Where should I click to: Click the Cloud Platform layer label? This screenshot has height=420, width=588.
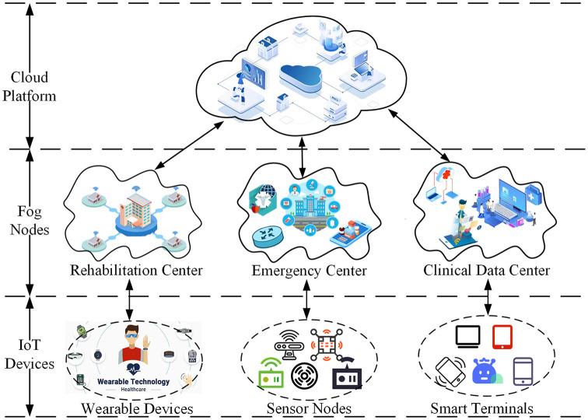[x=30, y=86]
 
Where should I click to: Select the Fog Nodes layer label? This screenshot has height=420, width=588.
[x=30, y=220]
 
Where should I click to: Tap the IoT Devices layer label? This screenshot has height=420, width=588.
[x=30, y=354]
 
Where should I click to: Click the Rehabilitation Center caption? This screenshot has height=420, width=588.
[x=136, y=270]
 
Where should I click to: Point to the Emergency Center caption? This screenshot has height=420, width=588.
[x=309, y=271]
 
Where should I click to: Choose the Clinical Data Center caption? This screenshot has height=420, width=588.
[x=486, y=270]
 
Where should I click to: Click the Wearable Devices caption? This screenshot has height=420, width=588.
[x=137, y=408]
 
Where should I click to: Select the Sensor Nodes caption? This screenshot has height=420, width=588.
[x=309, y=408]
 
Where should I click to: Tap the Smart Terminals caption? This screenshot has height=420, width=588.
[x=482, y=408]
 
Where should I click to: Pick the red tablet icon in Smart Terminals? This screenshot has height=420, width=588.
[x=502, y=337]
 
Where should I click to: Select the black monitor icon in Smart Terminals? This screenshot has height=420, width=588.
[x=468, y=337]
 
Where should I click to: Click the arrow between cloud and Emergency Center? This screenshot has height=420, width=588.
[x=303, y=156]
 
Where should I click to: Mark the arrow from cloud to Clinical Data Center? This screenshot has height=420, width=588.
[x=419, y=135]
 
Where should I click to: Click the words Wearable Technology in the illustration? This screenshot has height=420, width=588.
[x=134, y=381]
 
